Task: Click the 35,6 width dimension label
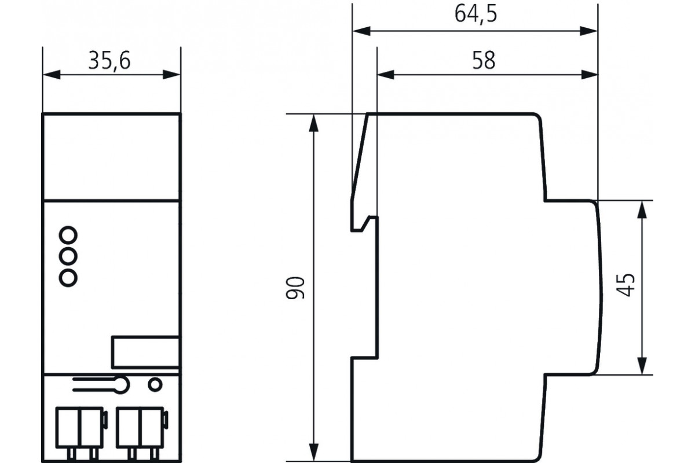109,61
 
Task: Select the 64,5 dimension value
476,14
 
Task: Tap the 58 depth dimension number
484,60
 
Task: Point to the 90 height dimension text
295,288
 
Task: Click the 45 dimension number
625,285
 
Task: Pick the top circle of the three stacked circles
68,235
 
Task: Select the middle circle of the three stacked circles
68,256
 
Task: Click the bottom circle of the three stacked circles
68,278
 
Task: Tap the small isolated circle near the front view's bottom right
155,385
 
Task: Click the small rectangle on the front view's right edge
145,352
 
